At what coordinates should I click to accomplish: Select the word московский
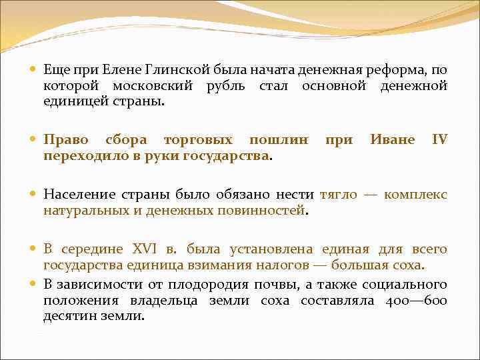pyautogui.click(x=153, y=86)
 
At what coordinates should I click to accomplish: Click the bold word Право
pyautogui.click(x=66, y=140)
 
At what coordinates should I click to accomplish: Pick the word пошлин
pyautogui.click(x=279, y=140)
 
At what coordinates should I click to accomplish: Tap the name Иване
pyautogui.click(x=392, y=140)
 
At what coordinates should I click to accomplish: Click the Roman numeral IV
pyautogui.click(x=440, y=140)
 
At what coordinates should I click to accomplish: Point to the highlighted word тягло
pyautogui.click(x=339, y=195)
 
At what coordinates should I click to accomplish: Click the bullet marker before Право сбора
pyautogui.click(x=34, y=141)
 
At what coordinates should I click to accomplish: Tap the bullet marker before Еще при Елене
pyautogui.click(x=34, y=70)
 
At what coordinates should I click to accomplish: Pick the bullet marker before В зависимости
pyautogui.click(x=34, y=285)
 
